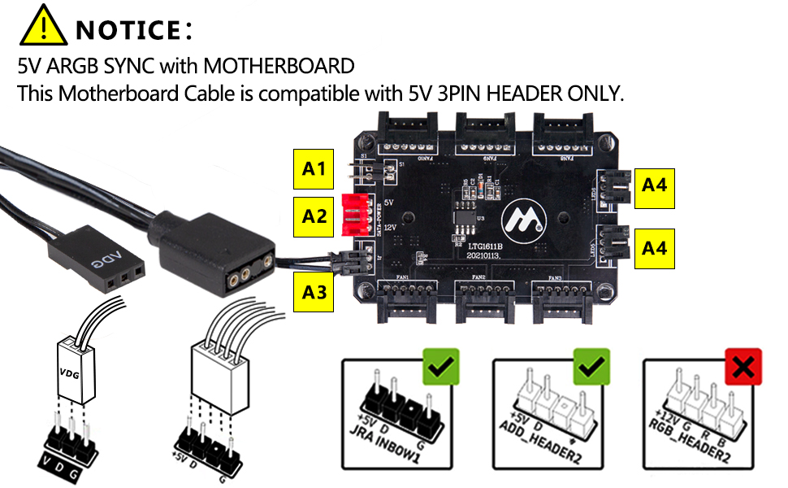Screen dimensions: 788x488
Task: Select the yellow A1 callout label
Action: coord(314,169)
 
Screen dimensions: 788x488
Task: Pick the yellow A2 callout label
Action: coord(314,216)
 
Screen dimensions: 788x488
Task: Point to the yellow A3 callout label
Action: coord(314,291)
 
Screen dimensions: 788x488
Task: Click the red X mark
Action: coord(743,368)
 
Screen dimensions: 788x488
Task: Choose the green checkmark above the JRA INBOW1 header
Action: coord(441,368)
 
